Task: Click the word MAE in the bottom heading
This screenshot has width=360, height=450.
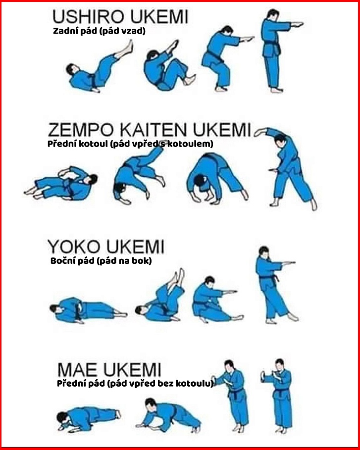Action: (77, 370)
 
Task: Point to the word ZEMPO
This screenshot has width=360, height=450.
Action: (81, 130)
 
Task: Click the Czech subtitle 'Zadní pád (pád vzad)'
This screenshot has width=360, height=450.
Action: (100, 31)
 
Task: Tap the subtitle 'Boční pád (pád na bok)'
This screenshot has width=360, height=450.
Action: (101, 261)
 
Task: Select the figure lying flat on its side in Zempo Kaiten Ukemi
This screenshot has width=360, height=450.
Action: (62, 184)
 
